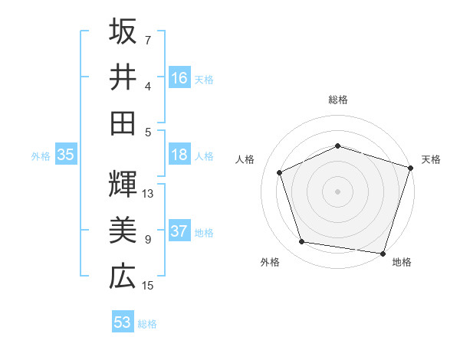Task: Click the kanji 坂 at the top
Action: (x=123, y=31)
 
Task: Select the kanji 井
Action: (x=123, y=77)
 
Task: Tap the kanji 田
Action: (x=123, y=122)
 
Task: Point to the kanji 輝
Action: (x=123, y=184)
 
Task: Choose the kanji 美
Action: (x=123, y=230)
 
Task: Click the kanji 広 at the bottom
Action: (x=123, y=276)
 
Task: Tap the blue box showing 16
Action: (x=179, y=77)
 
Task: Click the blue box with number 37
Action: (x=179, y=232)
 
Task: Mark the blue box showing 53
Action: (x=123, y=322)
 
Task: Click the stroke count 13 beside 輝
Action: (x=149, y=194)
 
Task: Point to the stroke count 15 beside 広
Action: (x=149, y=286)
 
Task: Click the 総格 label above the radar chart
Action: (x=337, y=100)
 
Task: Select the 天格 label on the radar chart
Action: (x=431, y=159)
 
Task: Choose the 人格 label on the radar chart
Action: (x=245, y=159)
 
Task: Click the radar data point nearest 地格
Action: (x=383, y=253)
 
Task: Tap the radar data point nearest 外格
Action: (x=302, y=242)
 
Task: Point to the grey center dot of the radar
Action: (x=337, y=191)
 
